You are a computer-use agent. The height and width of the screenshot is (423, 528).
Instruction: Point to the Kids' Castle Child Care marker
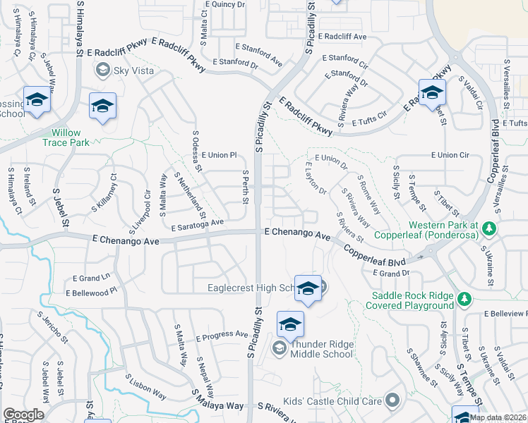point(393,401)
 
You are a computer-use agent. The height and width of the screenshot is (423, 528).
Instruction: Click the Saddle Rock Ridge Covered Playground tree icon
point(464,300)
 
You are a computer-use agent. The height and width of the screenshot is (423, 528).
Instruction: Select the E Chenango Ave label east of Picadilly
point(297,233)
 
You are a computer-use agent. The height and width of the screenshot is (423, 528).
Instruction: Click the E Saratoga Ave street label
point(197,223)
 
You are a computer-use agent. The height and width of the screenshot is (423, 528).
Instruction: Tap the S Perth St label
point(246,188)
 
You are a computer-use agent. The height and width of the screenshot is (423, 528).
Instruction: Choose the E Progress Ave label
point(222,336)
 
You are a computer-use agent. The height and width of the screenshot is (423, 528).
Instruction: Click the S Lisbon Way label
point(146,386)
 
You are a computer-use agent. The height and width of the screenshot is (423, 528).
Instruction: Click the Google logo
point(23,414)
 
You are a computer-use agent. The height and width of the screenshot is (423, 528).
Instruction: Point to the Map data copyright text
point(498,417)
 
